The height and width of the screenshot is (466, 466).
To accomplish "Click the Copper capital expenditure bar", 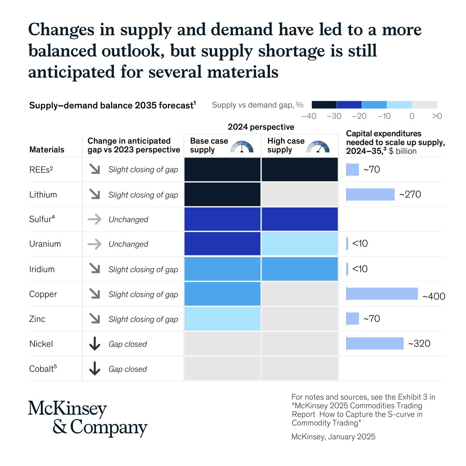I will click(x=382, y=294).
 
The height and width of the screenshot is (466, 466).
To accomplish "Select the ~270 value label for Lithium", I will click(x=410, y=194).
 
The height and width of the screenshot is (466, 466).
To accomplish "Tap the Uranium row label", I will click(x=45, y=244).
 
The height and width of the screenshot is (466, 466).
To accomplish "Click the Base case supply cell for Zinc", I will click(x=222, y=319).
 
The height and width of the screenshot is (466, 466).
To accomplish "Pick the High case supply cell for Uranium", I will click(x=299, y=244).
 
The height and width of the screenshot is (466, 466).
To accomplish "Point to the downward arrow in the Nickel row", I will click(x=95, y=344).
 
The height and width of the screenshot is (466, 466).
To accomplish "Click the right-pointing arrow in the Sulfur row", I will click(x=95, y=219).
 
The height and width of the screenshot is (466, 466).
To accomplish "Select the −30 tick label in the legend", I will click(x=334, y=116).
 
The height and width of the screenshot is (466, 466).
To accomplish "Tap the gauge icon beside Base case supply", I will click(x=242, y=146).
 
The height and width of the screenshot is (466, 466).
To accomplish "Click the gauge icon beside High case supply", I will click(x=318, y=146).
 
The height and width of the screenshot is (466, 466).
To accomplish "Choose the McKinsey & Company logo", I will click(x=88, y=418).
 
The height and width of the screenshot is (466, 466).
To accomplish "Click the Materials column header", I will click(x=47, y=150).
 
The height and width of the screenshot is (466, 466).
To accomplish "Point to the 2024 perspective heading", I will click(x=261, y=127).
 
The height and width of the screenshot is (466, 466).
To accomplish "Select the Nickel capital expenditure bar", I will click(x=375, y=344).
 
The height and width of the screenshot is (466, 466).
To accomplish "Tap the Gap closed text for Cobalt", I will click(x=127, y=369).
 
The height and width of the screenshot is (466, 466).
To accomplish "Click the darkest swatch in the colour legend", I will click(x=324, y=105).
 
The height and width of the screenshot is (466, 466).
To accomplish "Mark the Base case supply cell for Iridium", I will click(x=222, y=269).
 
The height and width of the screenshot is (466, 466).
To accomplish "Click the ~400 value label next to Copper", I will click(x=433, y=297).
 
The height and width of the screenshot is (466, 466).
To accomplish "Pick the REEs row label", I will click(x=41, y=169).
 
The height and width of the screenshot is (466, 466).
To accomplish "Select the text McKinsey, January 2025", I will click(x=333, y=436).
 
